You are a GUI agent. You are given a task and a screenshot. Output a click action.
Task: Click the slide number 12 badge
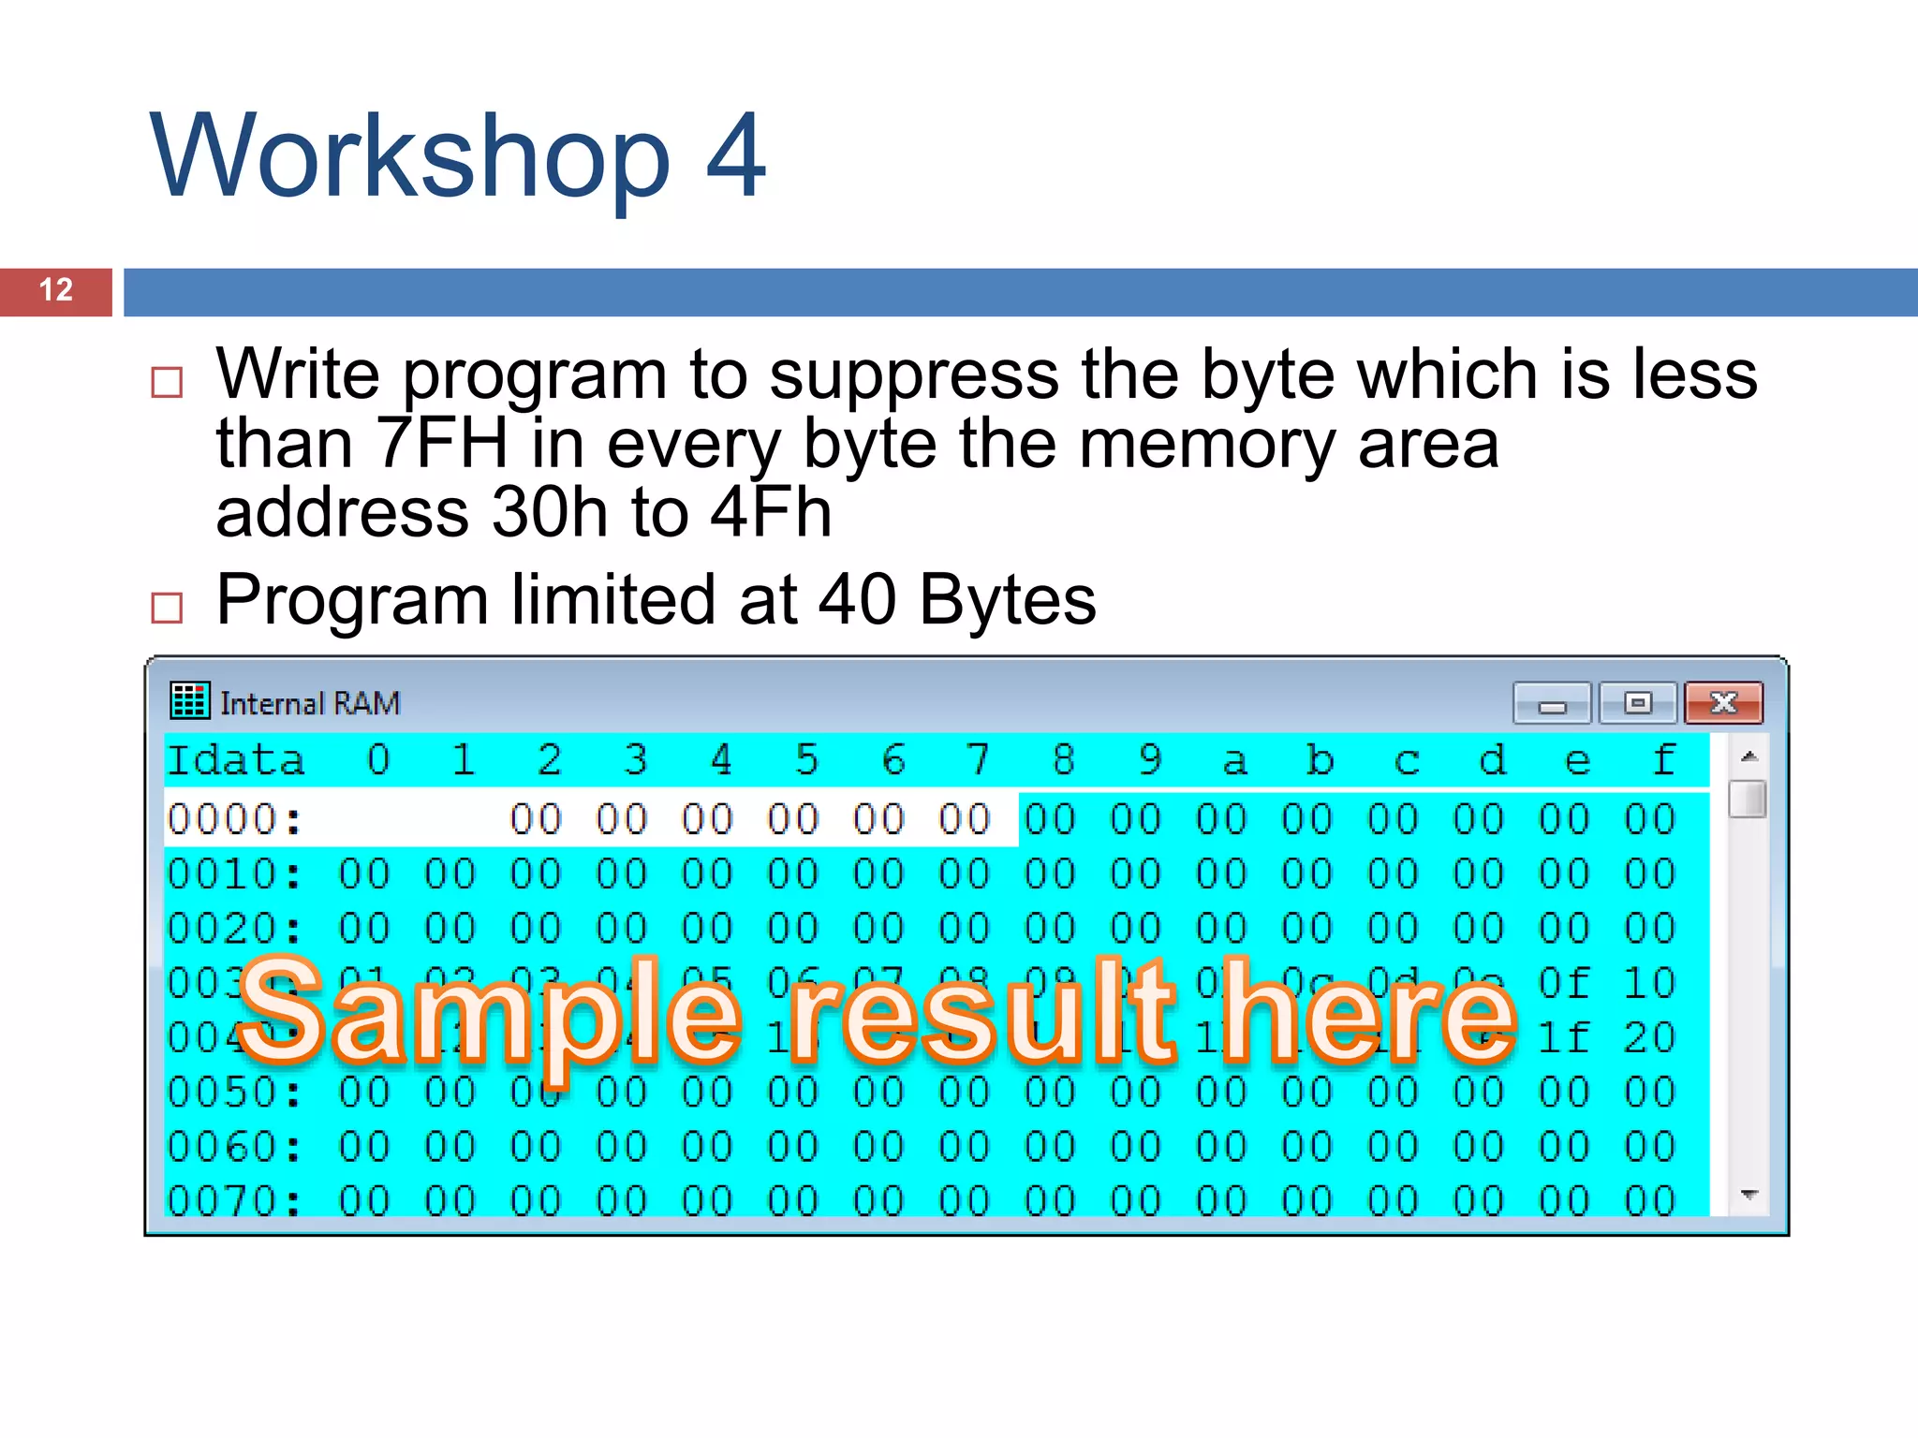56,291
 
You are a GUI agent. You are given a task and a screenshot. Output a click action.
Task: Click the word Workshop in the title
409,156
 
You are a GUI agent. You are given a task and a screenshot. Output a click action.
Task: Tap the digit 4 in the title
735,156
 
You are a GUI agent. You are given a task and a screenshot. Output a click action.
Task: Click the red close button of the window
1723,703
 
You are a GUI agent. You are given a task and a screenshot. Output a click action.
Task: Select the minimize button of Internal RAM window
1552,704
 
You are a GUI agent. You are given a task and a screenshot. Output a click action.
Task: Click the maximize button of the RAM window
1637,703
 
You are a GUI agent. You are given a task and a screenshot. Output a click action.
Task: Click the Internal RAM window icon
189,701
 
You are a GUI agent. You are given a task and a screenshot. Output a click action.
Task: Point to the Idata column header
236,760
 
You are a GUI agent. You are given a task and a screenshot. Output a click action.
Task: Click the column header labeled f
1663,760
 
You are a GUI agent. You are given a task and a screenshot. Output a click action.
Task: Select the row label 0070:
234,1201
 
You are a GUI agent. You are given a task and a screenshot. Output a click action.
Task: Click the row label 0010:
234,874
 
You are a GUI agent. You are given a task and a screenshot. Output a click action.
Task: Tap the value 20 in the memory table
1649,1037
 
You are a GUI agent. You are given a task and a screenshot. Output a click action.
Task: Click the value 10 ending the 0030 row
1649,983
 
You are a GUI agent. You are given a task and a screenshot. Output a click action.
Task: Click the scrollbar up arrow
1748,756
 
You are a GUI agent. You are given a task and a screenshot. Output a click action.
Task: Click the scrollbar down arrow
1748,1195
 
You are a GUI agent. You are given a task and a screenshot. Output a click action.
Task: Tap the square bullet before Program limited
167,608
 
